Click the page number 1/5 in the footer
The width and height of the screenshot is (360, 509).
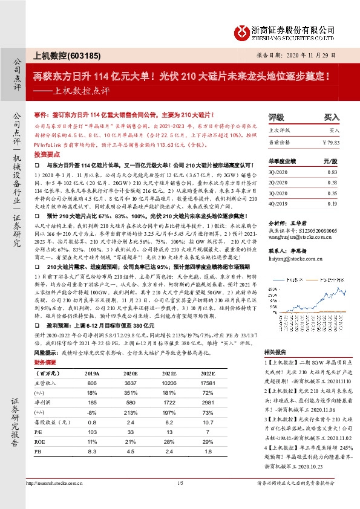pyautogui.click(x=180, y=484)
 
